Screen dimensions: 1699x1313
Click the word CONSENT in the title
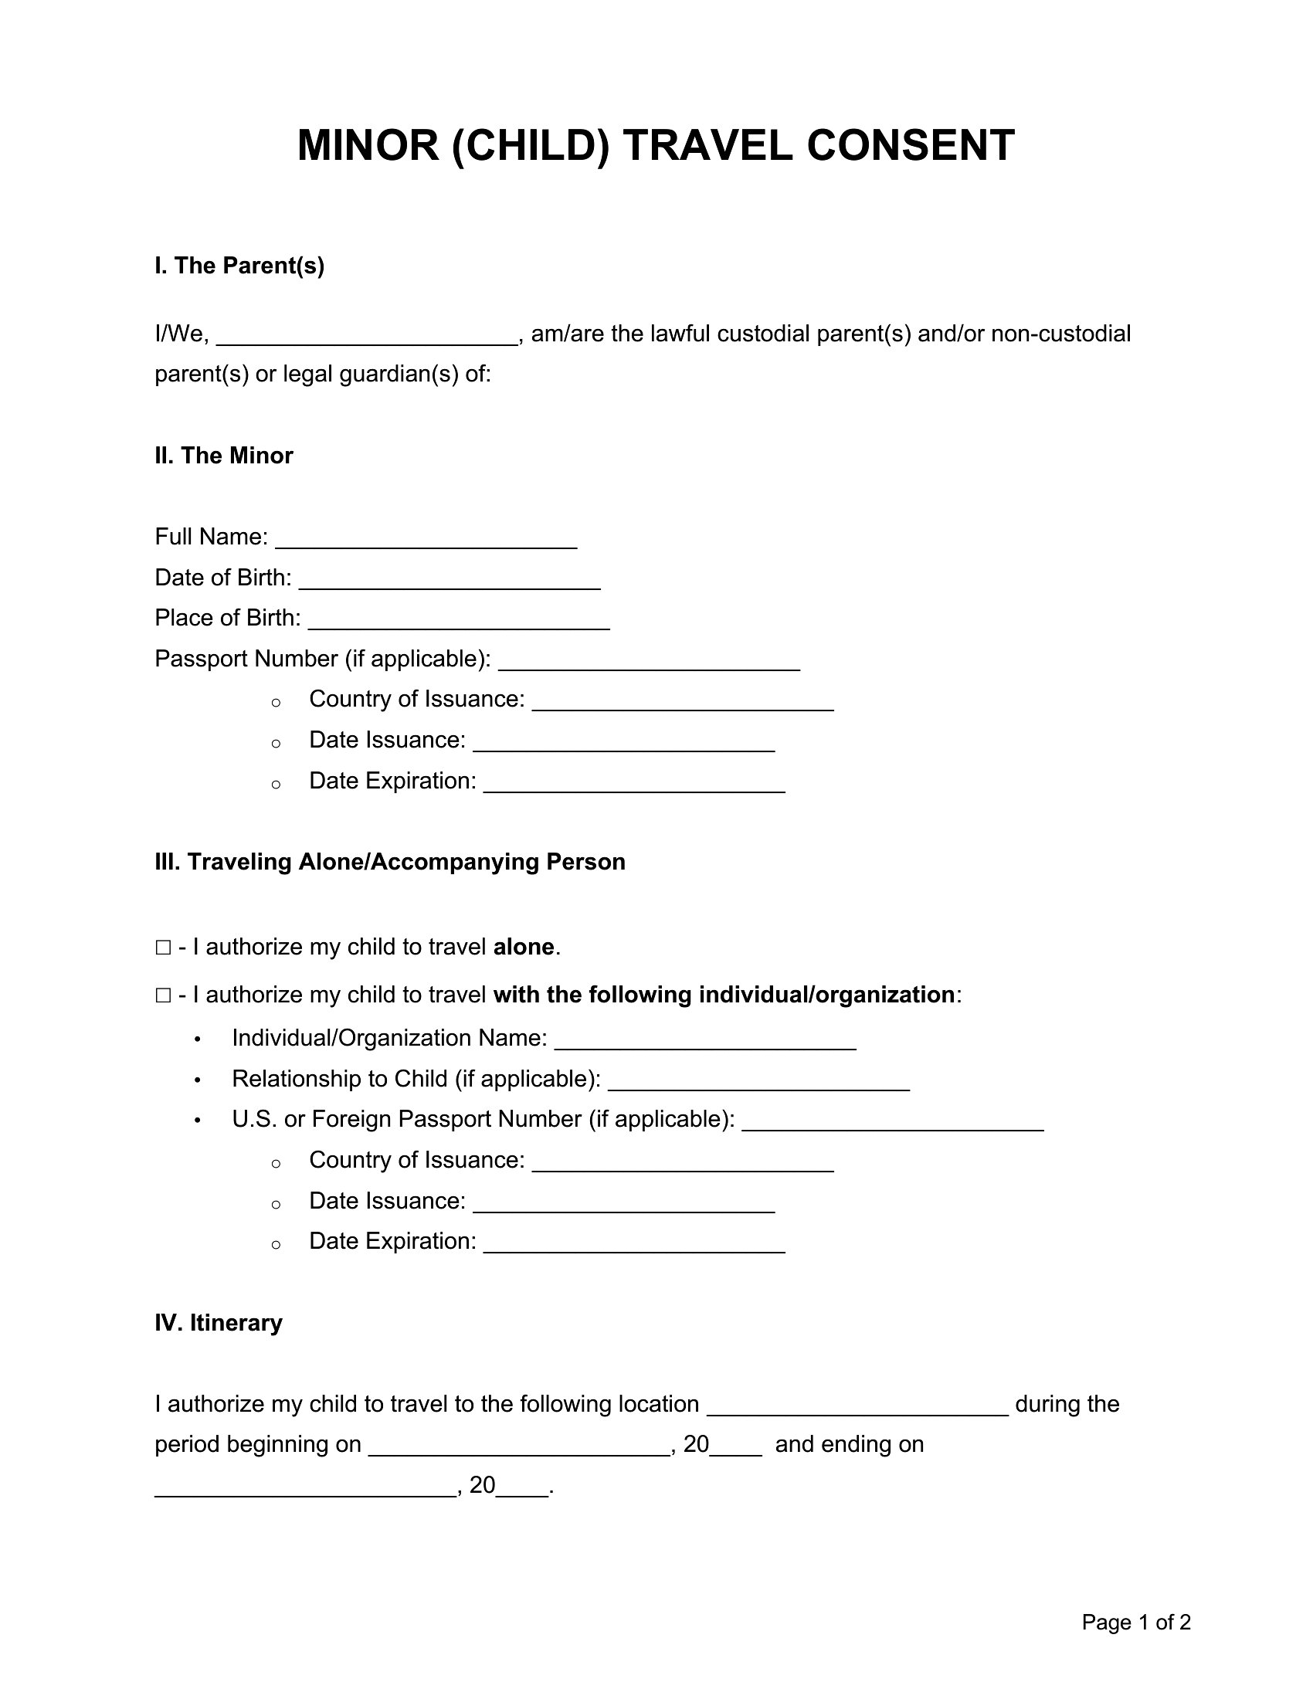click(x=910, y=145)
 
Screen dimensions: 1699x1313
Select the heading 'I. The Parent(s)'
click(x=239, y=266)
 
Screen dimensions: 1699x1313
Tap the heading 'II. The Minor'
click(x=224, y=456)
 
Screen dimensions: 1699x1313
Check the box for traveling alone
click(x=163, y=948)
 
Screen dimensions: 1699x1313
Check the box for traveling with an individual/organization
click(x=163, y=995)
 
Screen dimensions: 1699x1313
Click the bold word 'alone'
click(x=524, y=948)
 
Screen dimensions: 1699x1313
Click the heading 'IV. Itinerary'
click(x=219, y=1323)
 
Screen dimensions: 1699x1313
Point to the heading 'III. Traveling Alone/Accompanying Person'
click(x=390, y=862)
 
